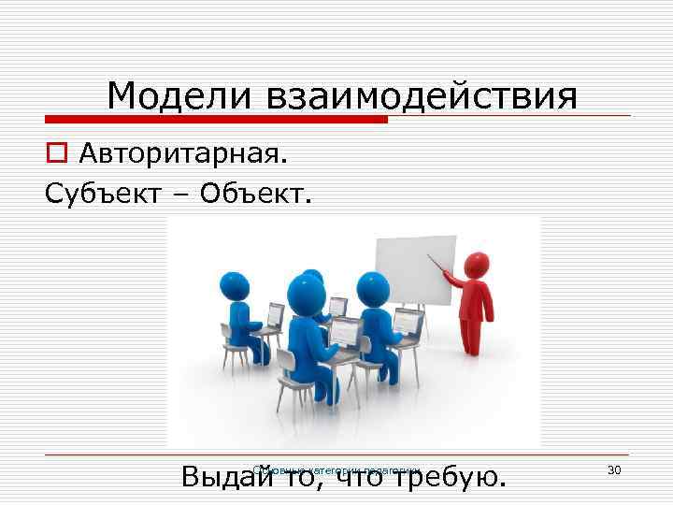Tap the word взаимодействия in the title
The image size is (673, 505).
(420, 96)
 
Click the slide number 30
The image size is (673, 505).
(614, 469)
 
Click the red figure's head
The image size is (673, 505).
(478, 266)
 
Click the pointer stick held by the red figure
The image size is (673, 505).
(436, 263)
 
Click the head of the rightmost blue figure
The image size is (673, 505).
(374, 288)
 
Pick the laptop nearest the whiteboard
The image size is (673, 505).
(408, 322)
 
